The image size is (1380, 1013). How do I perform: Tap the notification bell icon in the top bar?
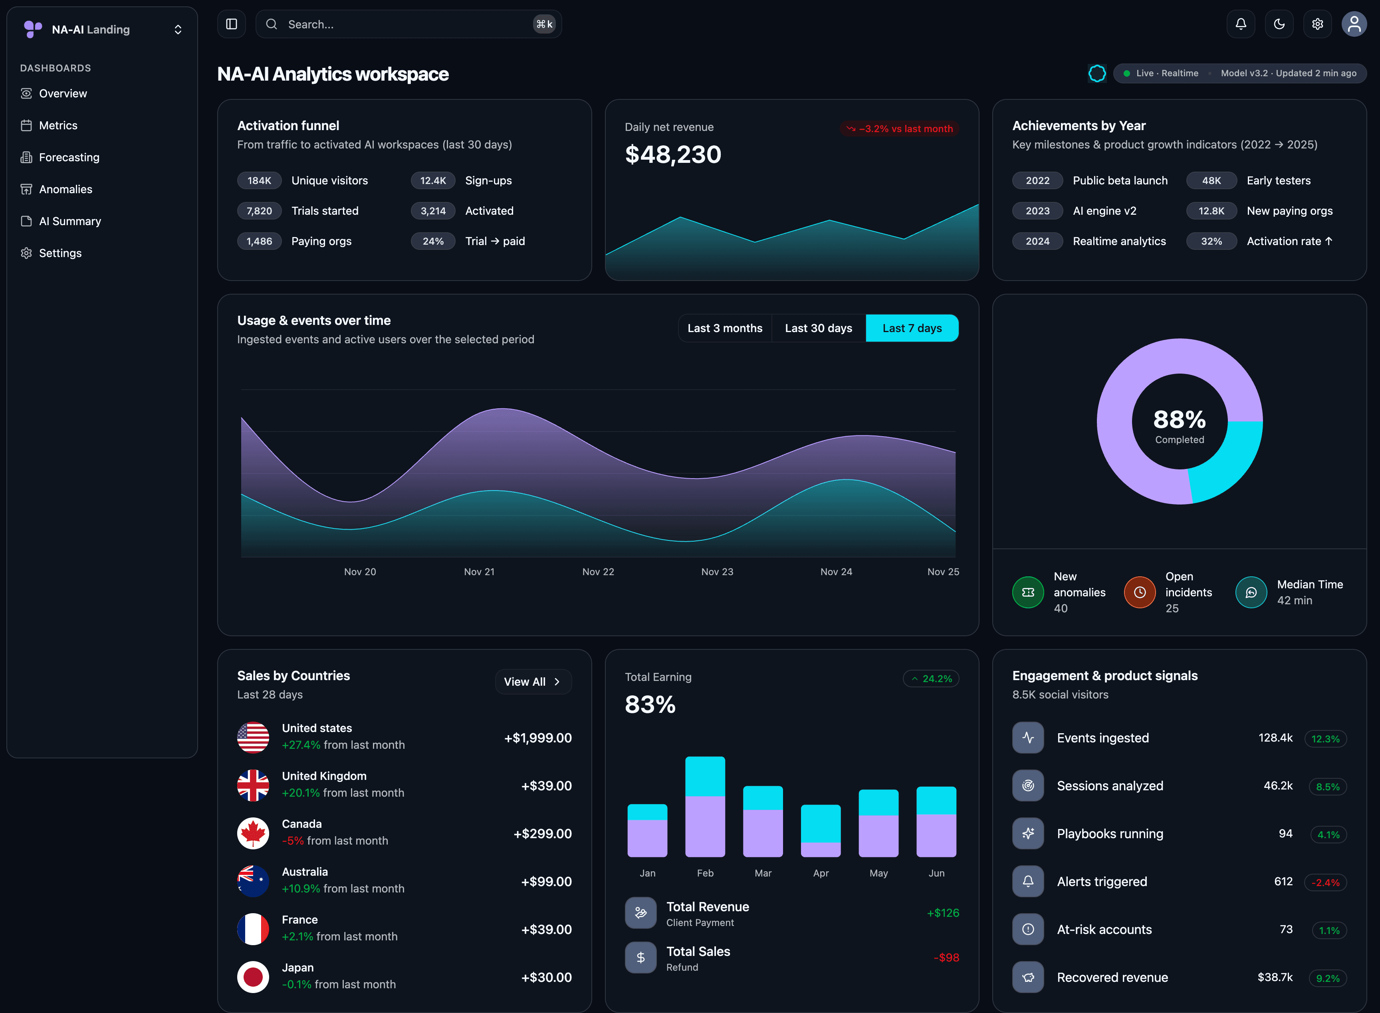tap(1240, 24)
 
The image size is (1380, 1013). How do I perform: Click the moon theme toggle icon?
tap(1279, 24)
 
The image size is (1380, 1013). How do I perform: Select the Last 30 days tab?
tap(818, 328)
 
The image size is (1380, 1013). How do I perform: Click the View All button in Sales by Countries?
tap(532, 682)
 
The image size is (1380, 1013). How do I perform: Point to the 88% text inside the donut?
tap(1179, 420)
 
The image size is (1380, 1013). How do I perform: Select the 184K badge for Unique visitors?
tap(259, 181)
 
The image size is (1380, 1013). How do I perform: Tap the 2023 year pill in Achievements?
tap(1037, 211)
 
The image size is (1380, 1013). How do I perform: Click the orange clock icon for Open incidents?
tap(1139, 592)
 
